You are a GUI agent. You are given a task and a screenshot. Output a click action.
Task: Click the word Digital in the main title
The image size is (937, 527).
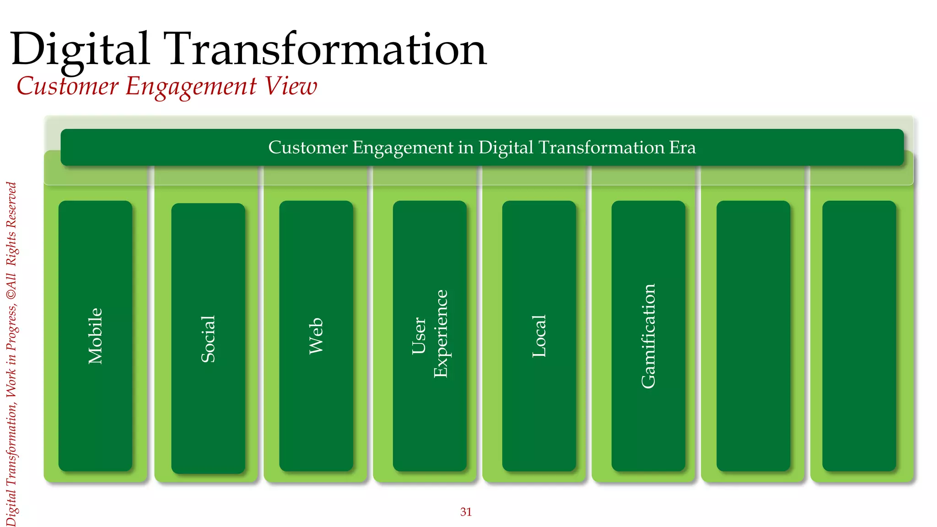(x=80, y=49)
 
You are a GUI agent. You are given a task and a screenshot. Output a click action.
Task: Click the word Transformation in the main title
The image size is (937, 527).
(x=327, y=49)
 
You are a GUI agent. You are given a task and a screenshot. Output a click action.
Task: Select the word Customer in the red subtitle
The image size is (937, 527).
(x=67, y=86)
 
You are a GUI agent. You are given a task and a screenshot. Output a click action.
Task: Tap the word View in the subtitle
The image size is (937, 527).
(x=291, y=86)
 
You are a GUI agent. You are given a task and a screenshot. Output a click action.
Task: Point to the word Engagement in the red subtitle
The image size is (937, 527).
(x=191, y=87)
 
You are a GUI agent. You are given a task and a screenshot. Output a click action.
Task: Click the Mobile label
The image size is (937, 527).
(x=95, y=336)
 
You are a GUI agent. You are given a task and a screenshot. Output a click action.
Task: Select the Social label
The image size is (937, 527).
(x=208, y=339)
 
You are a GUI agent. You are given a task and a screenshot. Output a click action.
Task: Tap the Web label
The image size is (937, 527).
(x=316, y=336)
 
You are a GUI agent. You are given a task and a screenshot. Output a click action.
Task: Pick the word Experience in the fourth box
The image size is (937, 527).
(x=441, y=334)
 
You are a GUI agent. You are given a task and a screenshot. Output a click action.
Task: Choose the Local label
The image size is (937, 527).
(x=539, y=336)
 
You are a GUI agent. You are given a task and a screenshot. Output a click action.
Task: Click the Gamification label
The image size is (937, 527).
(x=648, y=336)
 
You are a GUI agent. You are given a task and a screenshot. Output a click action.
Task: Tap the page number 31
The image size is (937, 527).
(x=466, y=512)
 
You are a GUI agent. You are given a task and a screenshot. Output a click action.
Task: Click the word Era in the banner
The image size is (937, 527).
(x=682, y=147)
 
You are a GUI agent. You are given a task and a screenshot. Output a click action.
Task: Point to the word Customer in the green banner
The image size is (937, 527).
(x=308, y=147)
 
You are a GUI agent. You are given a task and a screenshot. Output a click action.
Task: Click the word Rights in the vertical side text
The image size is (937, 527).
(x=11, y=249)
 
